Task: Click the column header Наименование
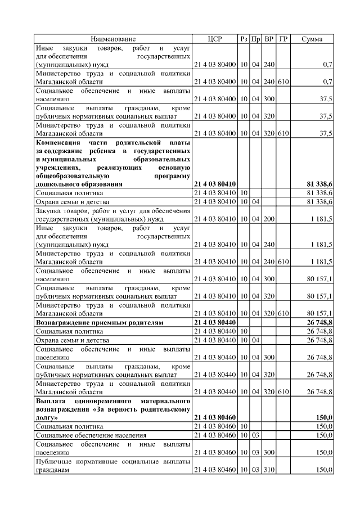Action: click(x=114, y=39)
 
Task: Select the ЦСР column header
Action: click(x=215, y=39)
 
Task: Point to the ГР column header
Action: click(x=283, y=39)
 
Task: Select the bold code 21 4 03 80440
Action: click(x=215, y=323)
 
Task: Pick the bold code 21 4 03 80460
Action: click(x=215, y=418)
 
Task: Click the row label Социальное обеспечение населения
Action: click(x=91, y=435)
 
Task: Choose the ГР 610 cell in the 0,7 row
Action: click(x=283, y=82)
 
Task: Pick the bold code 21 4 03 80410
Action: click(x=215, y=183)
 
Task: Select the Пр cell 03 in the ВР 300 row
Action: click(x=256, y=452)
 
